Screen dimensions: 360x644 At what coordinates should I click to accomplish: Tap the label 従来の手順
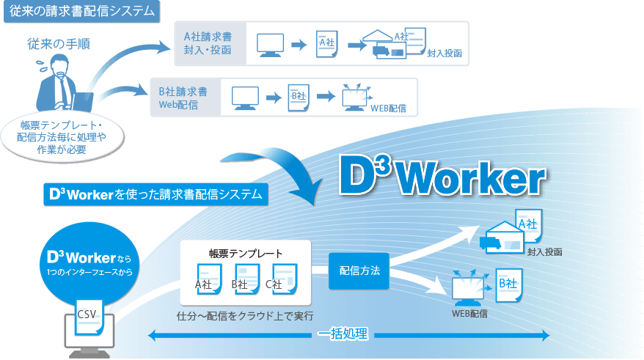click(x=59, y=43)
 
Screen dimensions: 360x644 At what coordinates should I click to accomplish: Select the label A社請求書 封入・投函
click(x=208, y=43)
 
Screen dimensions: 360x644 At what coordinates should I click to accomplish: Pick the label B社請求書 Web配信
click(x=183, y=98)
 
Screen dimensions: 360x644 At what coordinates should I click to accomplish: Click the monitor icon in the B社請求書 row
click(x=245, y=97)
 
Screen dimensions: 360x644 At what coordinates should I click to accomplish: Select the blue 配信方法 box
click(x=359, y=271)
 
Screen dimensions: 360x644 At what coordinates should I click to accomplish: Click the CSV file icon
click(x=87, y=314)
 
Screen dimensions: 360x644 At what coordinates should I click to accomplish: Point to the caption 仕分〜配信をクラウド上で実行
click(x=245, y=316)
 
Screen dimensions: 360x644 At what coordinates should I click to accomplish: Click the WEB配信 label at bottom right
click(x=469, y=313)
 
